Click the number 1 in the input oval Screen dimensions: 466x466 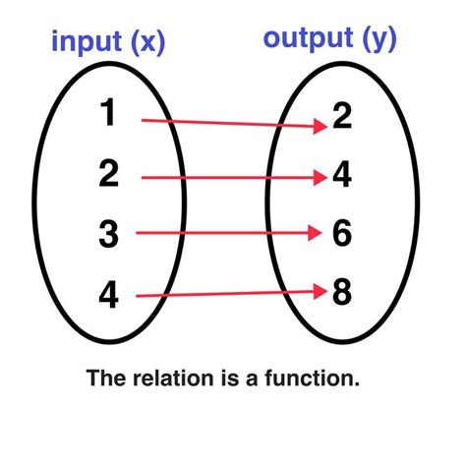108,116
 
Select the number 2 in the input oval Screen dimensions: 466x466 108,175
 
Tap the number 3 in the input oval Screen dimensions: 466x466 108,234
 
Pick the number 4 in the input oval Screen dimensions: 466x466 108,293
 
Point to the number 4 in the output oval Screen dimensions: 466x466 341,177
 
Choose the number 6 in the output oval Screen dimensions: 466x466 341,234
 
